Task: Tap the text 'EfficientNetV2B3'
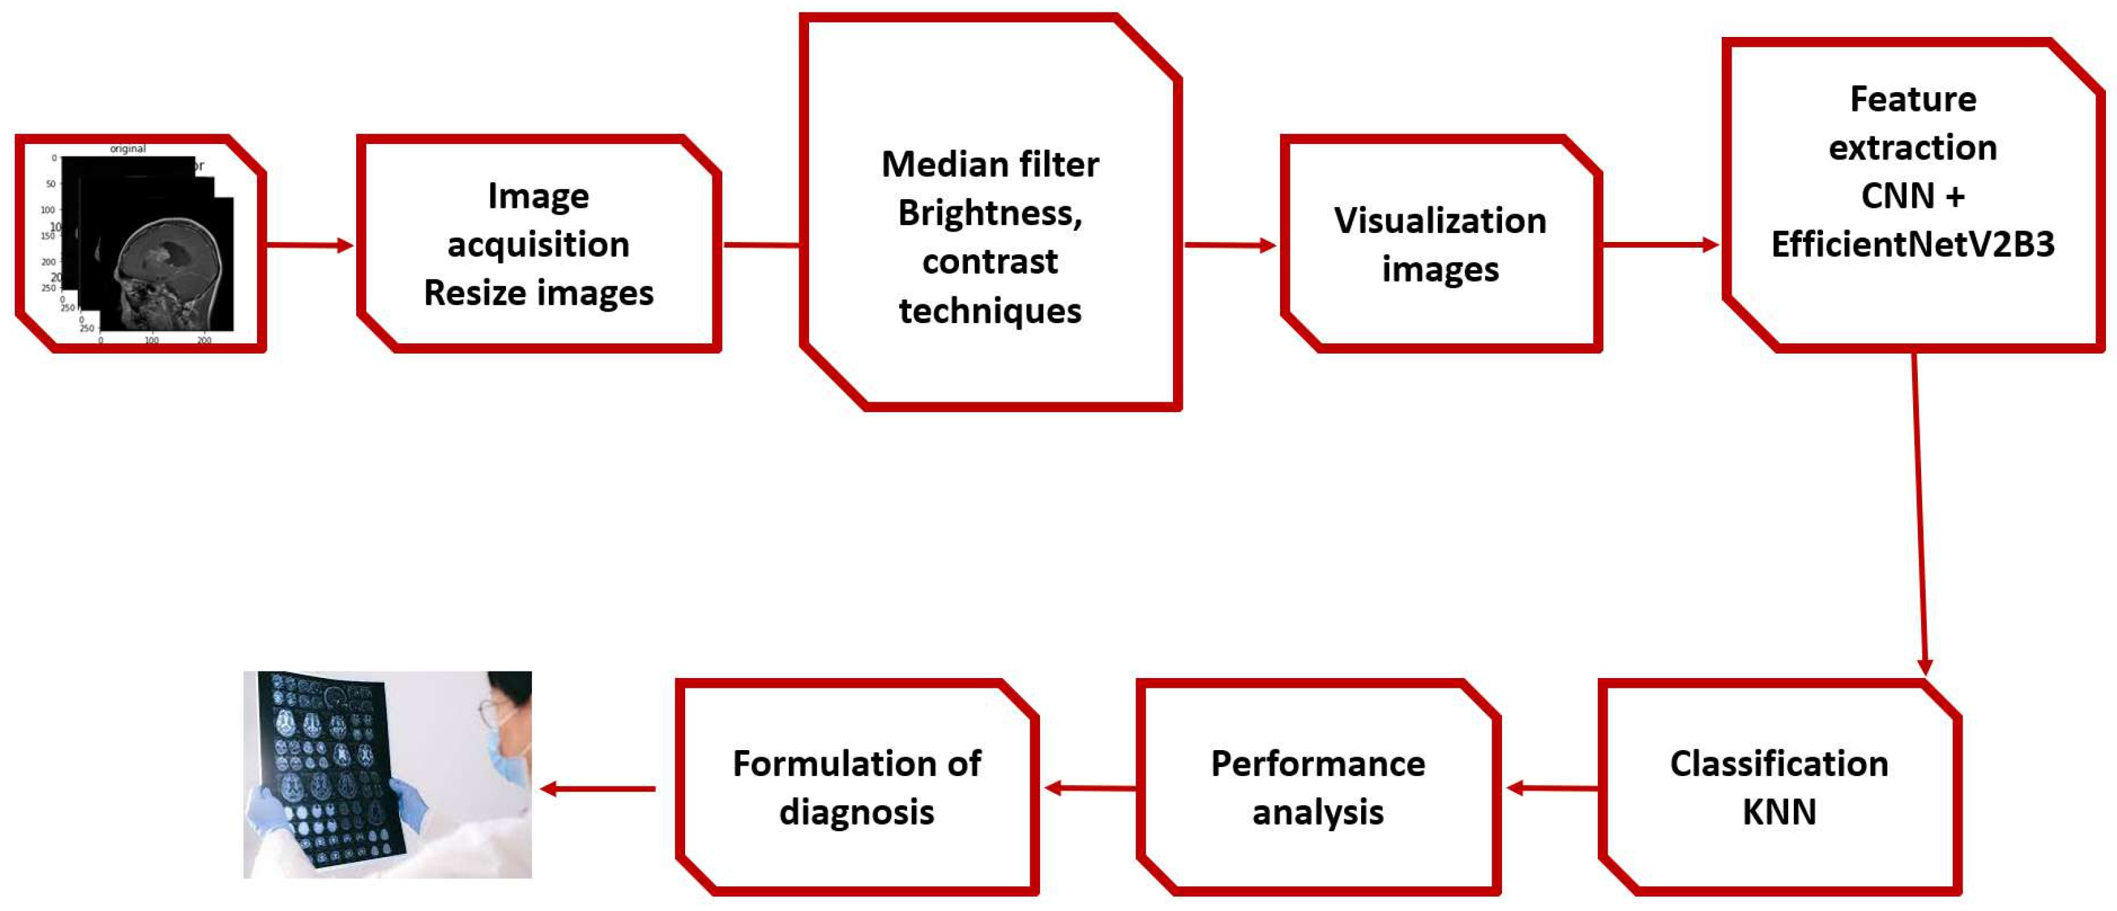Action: coord(1913,244)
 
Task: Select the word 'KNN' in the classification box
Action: coord(1778,812)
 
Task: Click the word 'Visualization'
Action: coord(1439,221)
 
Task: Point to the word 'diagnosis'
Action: coord(856,812)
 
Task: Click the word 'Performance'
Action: coord(1318,764)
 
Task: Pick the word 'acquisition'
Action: coord(538,244)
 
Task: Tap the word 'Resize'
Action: coord(469,293)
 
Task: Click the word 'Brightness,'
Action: coord(989,213)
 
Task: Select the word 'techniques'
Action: coord(989,311)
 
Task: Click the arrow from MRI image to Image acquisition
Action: coord(309,244)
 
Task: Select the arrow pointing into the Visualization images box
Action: coord(1229,244)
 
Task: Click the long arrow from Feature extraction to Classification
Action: coord(1920,510)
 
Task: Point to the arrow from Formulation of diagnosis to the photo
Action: coord(598,788)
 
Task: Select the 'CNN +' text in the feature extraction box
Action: coord(1913,196)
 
